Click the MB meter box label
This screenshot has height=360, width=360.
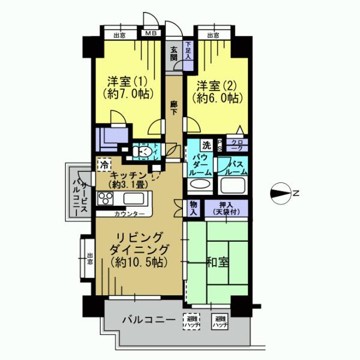(x=149, y=35)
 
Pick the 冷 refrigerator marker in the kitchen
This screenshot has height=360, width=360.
(x=104, y=163)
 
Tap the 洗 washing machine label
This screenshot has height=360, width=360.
(x=206, y=145)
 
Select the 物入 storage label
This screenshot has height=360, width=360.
(x=194, y=208)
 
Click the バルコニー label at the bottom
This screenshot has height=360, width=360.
(x=147, y=320)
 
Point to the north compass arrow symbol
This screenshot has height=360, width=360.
(x=280, y=193)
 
